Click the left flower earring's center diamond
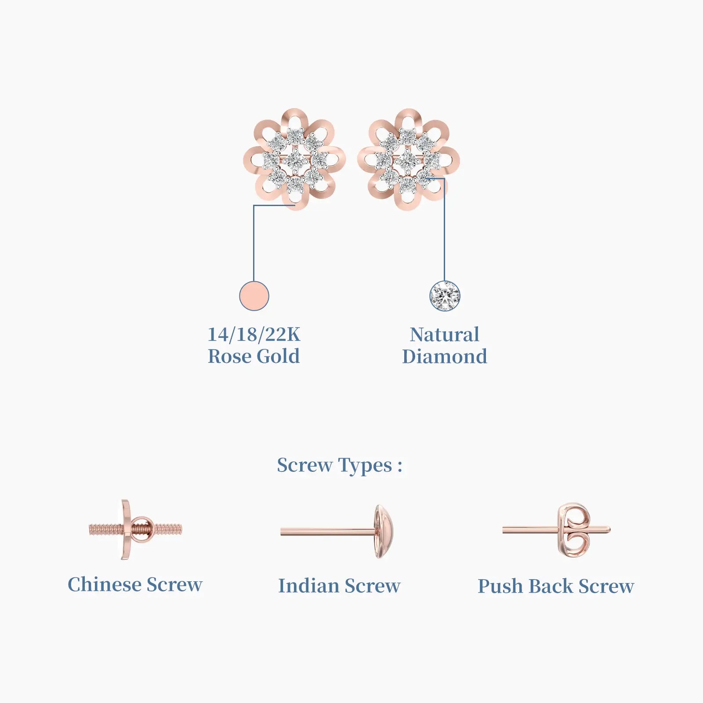click(x=295, y=161)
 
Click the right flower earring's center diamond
click(x=408, y=161)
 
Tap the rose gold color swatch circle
click(x=254, y=296)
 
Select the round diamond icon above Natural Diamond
click(x=445, y=296)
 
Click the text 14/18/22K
click(x=254, y=334)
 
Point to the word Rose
click(x=230, y=356)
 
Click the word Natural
click(x=445, y=334)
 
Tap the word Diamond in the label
click(x=445, y=356)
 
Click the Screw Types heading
click(x=340, y=465)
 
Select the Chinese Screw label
click(x=135, y=584)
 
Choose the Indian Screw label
click(x=339, y=586)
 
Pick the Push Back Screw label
click(x=556, y=586)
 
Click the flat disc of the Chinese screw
click(x=126, y=529)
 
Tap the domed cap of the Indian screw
click(x=384, y=532)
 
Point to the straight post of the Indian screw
click(x=328, y=532)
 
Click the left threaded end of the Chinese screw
click(x=105, y=529)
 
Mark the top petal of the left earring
click(x=295, y=120)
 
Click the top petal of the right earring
click(x=408, y=120)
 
